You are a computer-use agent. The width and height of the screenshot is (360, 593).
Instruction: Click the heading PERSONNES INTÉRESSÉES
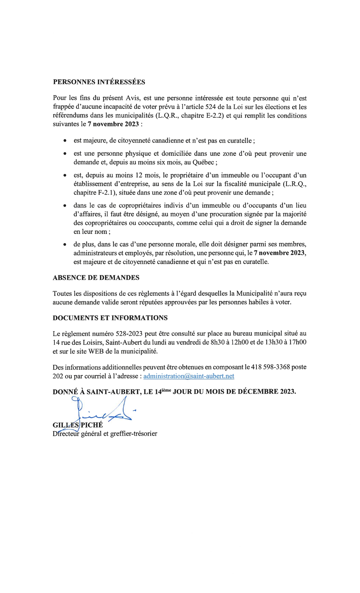pos(99,82)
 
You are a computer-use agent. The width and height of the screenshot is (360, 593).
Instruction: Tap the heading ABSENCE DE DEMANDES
pos(96,278)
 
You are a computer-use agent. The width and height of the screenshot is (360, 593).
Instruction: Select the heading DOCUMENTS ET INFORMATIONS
pos(110,318)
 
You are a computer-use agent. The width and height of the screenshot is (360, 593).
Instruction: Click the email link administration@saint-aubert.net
pos(189,376)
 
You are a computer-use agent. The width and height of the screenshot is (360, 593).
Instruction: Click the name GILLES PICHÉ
pos(78,425)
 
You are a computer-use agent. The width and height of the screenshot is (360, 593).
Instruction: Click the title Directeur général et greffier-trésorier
pos(105,434)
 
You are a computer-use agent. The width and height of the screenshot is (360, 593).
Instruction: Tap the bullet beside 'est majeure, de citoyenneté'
pos(65,141)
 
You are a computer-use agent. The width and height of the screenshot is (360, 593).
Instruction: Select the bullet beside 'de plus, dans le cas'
pos(65,244)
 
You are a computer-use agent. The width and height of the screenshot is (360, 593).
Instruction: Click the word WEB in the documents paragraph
pos(96,351)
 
